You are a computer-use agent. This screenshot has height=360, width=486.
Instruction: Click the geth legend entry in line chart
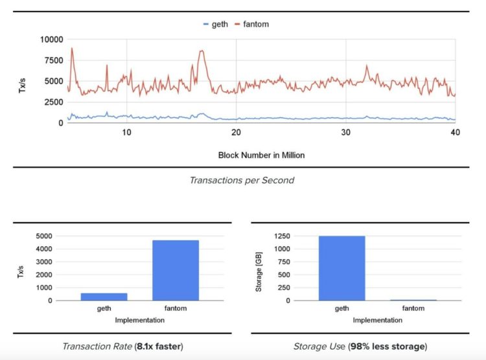(219, 24)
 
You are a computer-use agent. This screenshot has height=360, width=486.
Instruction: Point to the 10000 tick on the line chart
(51, 39)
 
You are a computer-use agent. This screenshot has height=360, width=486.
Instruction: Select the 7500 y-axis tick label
(53, 60)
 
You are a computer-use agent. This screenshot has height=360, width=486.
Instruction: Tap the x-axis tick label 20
(237, 132)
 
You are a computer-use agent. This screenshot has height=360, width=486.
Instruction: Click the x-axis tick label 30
(346, 132)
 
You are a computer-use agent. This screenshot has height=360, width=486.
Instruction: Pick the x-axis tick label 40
(455, 132)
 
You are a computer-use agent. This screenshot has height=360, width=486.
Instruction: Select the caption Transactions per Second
(242, 180)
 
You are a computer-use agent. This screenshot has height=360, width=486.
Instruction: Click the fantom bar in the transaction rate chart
(176, 270)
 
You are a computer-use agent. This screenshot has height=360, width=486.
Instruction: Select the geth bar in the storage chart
(341, 268)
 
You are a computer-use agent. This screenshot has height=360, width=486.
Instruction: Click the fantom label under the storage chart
(413, 308)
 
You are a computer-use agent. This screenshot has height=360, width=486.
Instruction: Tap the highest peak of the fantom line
(71, 48)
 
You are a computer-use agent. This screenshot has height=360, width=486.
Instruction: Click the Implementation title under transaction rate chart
(140, 319)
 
